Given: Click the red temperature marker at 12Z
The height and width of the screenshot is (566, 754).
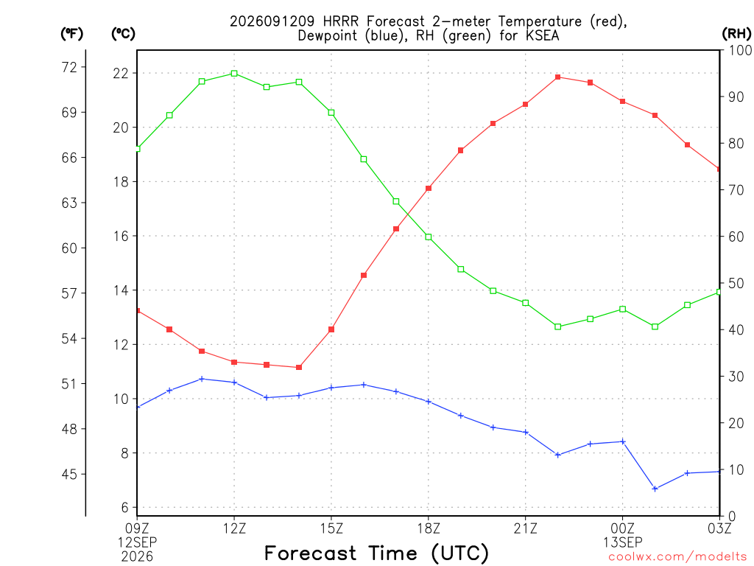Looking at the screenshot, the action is pos(234,362).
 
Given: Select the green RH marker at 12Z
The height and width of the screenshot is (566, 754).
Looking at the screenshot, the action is pos(234,74).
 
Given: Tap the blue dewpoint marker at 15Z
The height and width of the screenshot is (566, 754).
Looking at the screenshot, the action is pos(331,388).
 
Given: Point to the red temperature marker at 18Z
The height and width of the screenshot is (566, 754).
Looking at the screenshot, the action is pos(429,188).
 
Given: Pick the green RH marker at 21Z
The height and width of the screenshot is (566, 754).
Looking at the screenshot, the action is pos(526,303).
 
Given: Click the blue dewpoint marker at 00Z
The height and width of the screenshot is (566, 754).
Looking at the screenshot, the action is pos(623,441).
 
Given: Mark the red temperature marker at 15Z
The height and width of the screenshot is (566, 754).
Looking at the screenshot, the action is pos(331,329).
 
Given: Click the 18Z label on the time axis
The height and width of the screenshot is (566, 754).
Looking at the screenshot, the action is pos(429,528).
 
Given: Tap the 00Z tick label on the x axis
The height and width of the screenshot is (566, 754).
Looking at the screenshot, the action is pos(623,528).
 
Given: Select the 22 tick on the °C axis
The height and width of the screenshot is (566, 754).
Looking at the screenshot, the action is pos(121,73).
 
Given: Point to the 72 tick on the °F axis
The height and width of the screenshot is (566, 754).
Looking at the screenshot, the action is pos(70,67).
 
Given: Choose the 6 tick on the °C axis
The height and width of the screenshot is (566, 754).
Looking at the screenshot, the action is pos(125,507).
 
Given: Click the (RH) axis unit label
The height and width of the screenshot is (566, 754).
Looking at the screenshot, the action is pos(736,33).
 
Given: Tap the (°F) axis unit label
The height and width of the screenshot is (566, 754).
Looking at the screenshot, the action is pos(71,34).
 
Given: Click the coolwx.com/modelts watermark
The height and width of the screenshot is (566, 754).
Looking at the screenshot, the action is pos(677,556).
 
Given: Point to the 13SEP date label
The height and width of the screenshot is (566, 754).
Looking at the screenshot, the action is pos(623,542).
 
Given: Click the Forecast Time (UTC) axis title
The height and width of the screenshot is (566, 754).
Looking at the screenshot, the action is pos(376,553).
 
